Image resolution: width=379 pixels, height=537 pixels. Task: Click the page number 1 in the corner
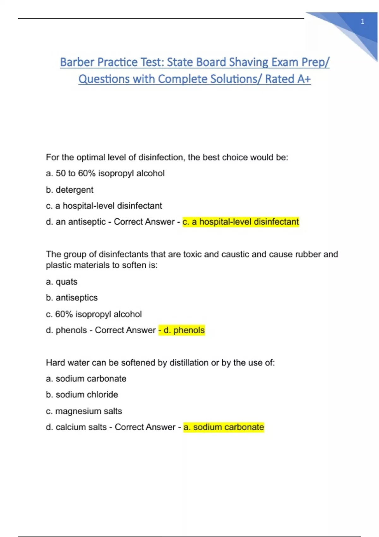pos(362,21)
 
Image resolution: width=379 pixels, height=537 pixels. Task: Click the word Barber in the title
pos(77,62)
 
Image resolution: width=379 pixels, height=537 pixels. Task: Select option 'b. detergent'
pos(69,190)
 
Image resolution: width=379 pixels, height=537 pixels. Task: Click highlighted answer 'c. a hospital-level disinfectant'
pos(241,222)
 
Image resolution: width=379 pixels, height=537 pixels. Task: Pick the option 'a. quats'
pos(62,282)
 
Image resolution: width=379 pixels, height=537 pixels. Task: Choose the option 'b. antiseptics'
pos(72,298)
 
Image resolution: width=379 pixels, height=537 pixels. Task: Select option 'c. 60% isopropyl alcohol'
pos(94,314)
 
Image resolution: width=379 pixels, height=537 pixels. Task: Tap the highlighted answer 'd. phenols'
pos(182,330)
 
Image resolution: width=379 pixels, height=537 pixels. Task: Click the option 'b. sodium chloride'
pos(82,395)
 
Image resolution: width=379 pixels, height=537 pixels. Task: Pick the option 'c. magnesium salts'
pos(84,411)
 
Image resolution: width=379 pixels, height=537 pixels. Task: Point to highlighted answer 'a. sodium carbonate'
pos(224,427)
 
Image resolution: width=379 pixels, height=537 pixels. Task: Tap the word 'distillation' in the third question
pos(189,363)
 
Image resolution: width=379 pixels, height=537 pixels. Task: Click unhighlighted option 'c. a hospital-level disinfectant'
pos(104,206)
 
